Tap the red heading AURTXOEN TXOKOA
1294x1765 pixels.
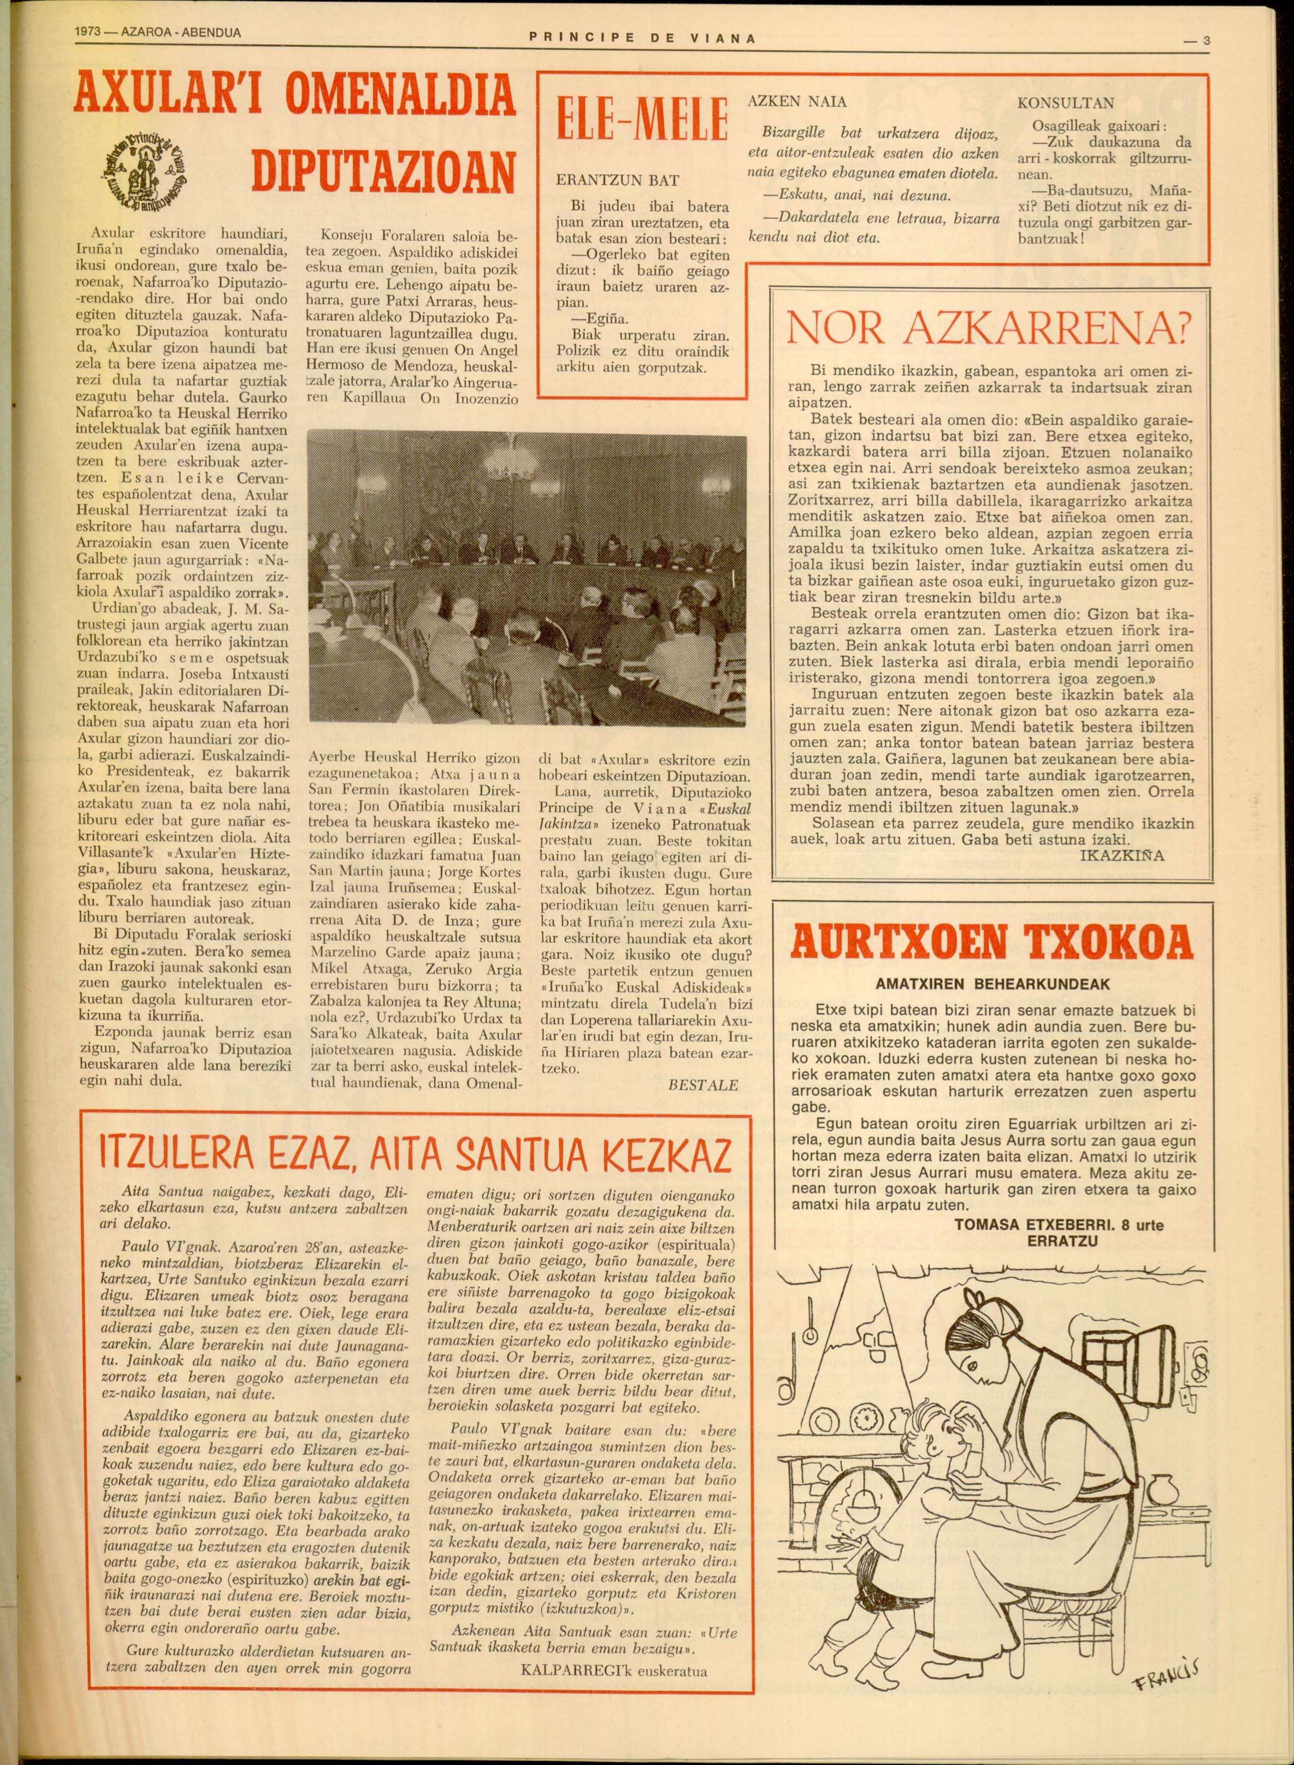992,943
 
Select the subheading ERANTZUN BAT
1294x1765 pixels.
617,180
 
